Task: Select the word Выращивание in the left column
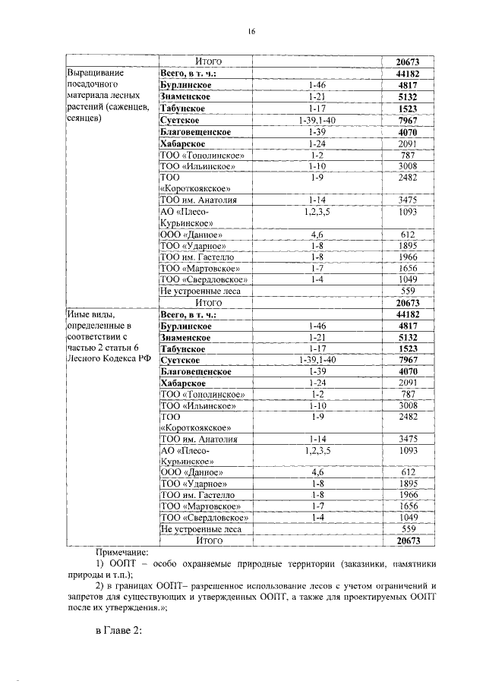(x=96, y=74)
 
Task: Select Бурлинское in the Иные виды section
(x=186, y=326)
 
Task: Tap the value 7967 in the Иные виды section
(x=408, y=360)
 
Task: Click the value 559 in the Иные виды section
(x=408, y=529)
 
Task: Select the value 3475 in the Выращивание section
(x=408, y=200)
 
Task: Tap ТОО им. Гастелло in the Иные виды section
(x=197, y=495)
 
